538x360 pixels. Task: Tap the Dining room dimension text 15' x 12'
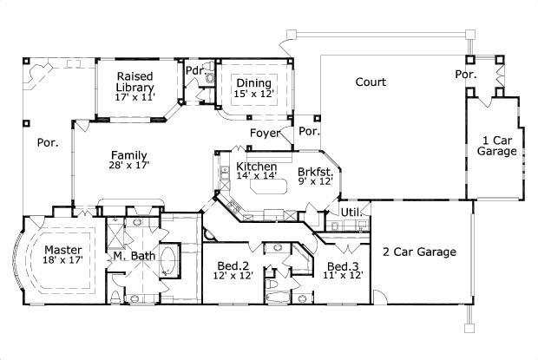(253, 94)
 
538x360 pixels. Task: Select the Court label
(371, 82)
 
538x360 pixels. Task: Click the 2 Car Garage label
(419, 252)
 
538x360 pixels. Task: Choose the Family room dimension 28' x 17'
(129, 165)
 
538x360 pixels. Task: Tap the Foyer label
(265, 134)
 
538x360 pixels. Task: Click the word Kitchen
(256, 167)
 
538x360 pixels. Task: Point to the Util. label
(351, 211)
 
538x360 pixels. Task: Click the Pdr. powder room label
(194, 69)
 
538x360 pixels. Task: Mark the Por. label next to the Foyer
(309, 132)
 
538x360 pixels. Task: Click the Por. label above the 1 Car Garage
(466, 75)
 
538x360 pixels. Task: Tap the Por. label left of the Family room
(48, 143)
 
